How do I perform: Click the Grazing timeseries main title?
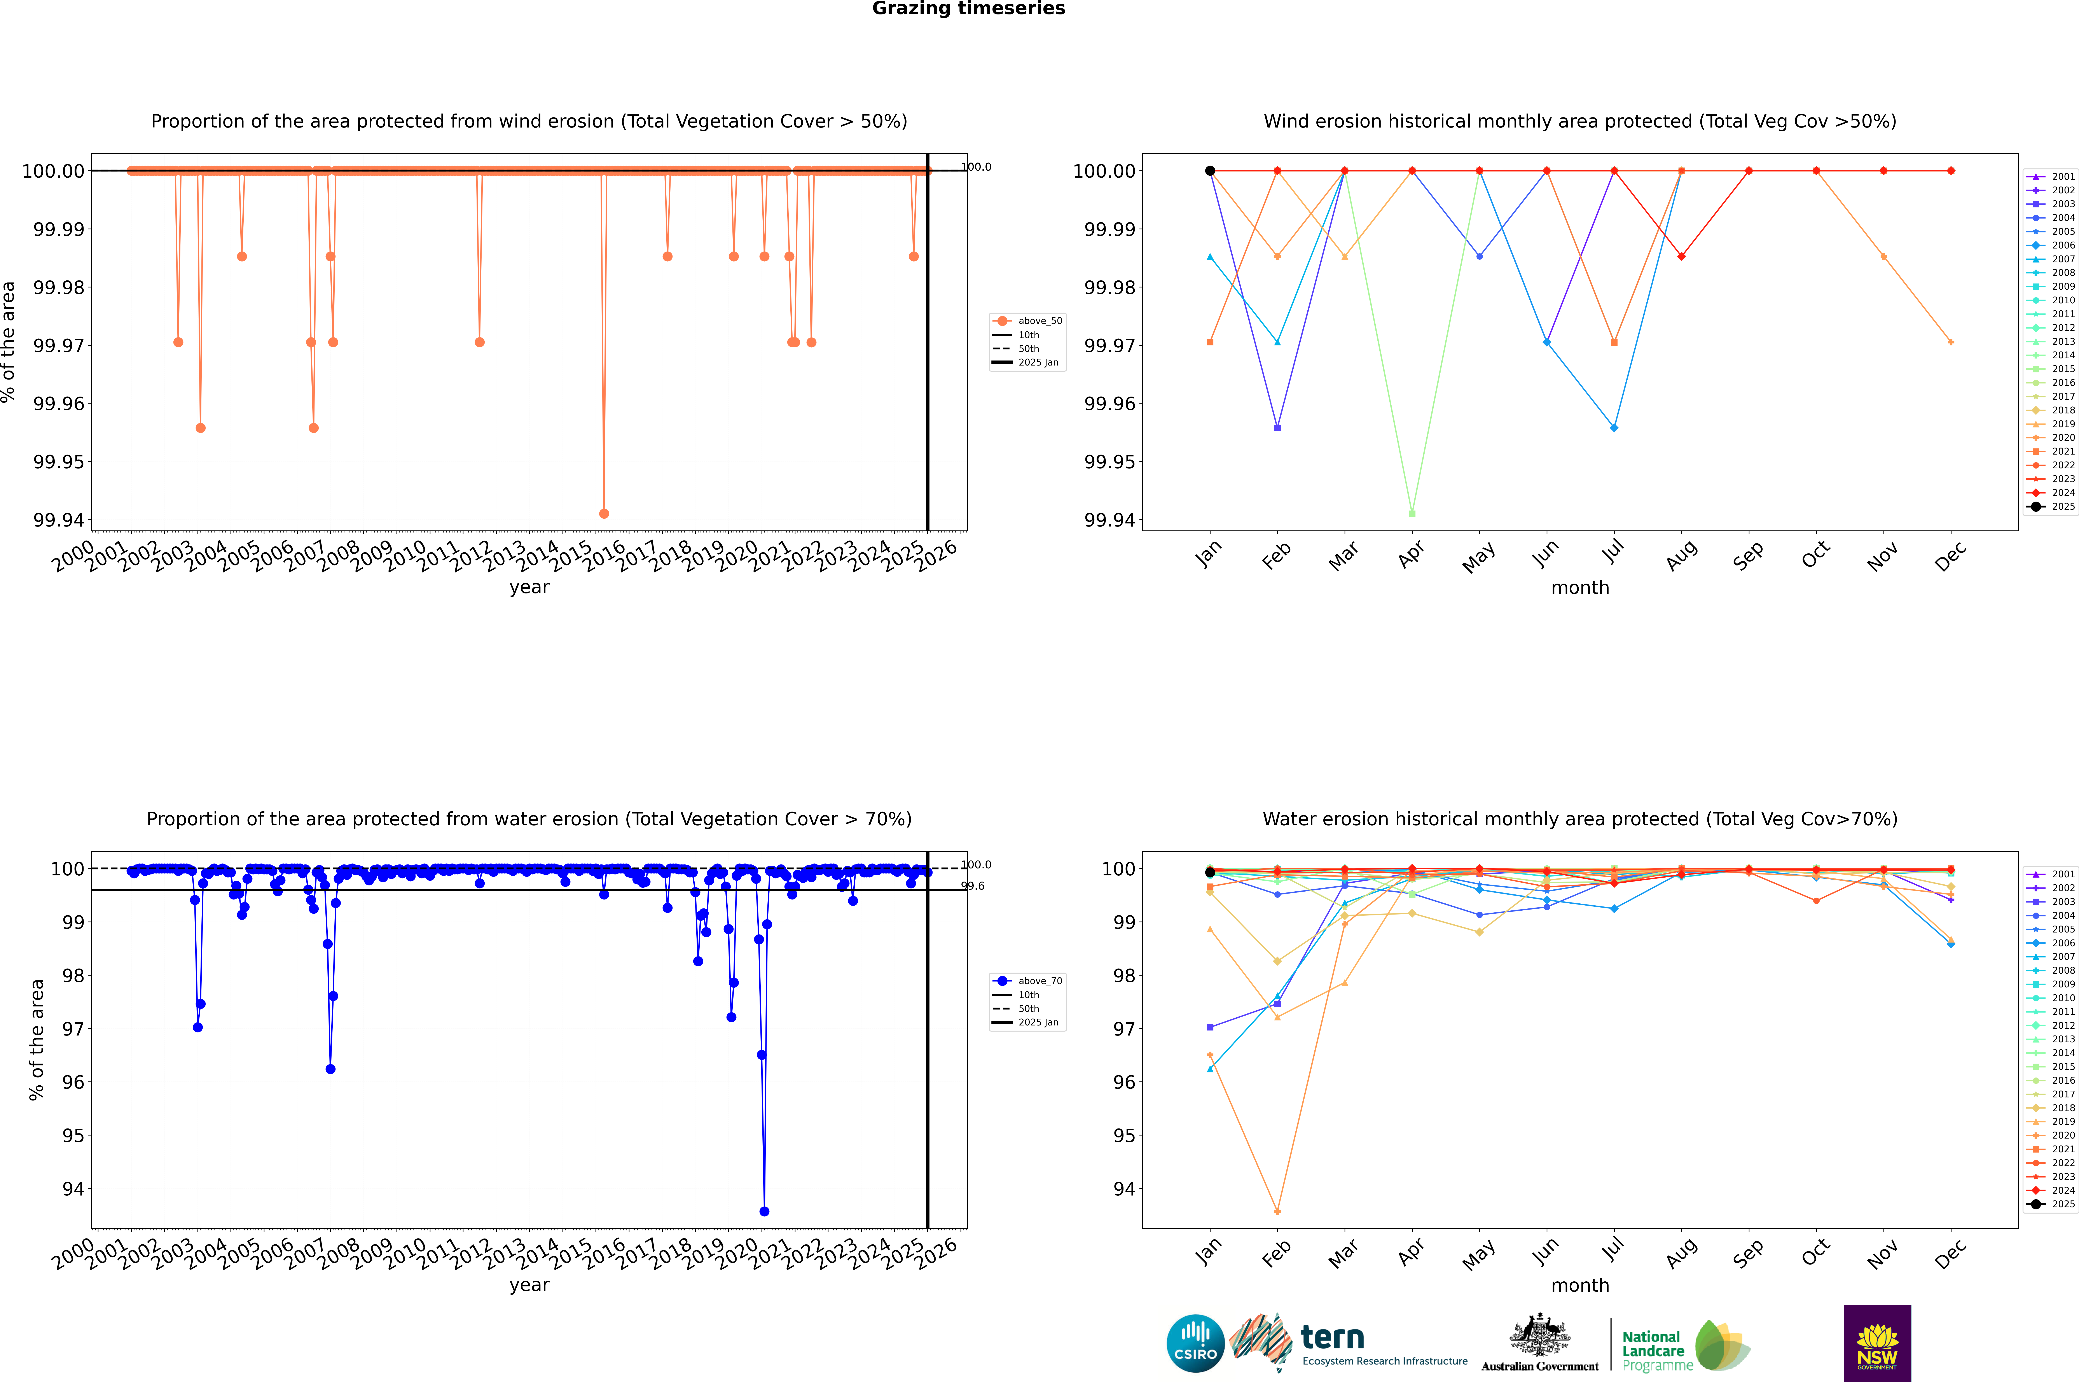point(969,9)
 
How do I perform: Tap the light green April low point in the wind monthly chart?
point(1412,513)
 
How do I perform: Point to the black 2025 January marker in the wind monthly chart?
point(1210,171)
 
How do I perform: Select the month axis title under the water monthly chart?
point(1579,1285)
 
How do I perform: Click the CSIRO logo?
point(1195,1343)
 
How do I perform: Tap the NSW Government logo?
point(1877,1343)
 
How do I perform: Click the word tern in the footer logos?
point(1333,1338)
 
